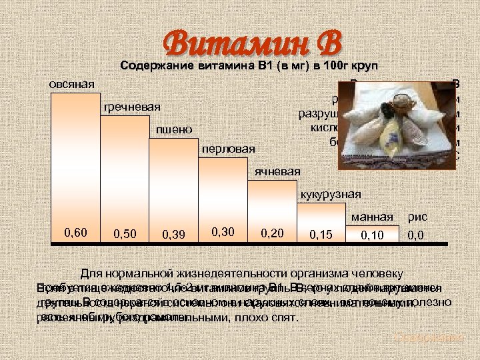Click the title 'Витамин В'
[253, 44]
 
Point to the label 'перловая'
[228, 149]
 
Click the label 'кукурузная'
[331, 194]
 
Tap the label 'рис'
[418, 217]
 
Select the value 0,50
[127, 234]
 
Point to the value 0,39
[175, 234]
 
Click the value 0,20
[273, 233]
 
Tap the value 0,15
[321, 235]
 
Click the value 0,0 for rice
[417, 235]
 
